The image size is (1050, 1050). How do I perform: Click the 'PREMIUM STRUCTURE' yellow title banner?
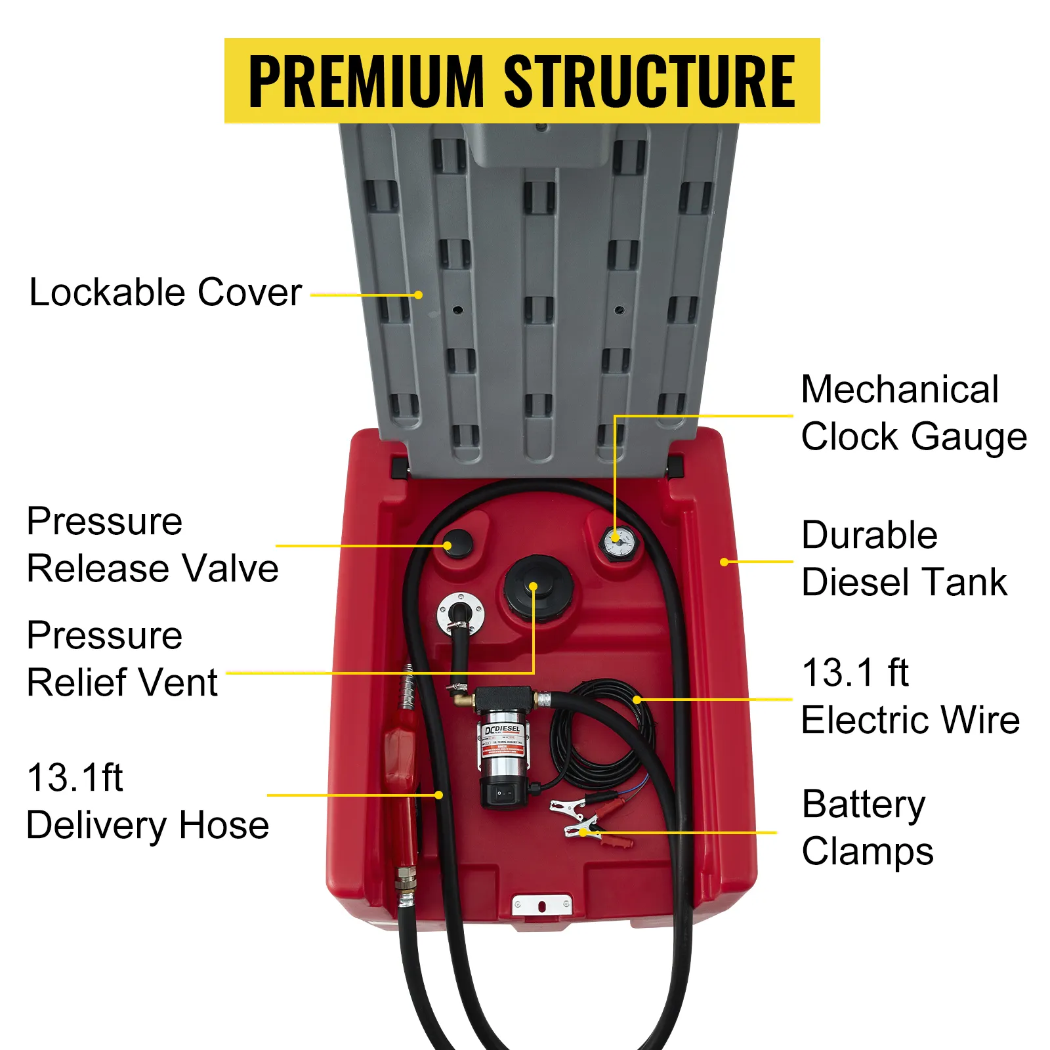coord(522,81)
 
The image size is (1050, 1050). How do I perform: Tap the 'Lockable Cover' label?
coord(165,292)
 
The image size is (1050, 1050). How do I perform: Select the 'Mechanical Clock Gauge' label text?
coord(913,413)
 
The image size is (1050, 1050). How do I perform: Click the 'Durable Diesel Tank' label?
coord(904,558)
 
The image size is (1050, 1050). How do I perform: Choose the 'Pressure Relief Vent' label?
coord(122,659)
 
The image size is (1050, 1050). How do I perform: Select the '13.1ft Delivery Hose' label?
coord(148,801)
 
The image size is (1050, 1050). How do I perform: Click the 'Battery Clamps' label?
coord(867,828)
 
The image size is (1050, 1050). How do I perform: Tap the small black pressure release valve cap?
coord(458,543)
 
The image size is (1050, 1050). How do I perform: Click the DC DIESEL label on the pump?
coord(502,730)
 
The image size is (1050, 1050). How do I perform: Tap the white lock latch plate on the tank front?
coord(542,905)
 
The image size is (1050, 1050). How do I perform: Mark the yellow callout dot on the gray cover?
coord(419,295)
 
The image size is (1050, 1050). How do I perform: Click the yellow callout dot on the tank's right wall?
coord(724,562)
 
